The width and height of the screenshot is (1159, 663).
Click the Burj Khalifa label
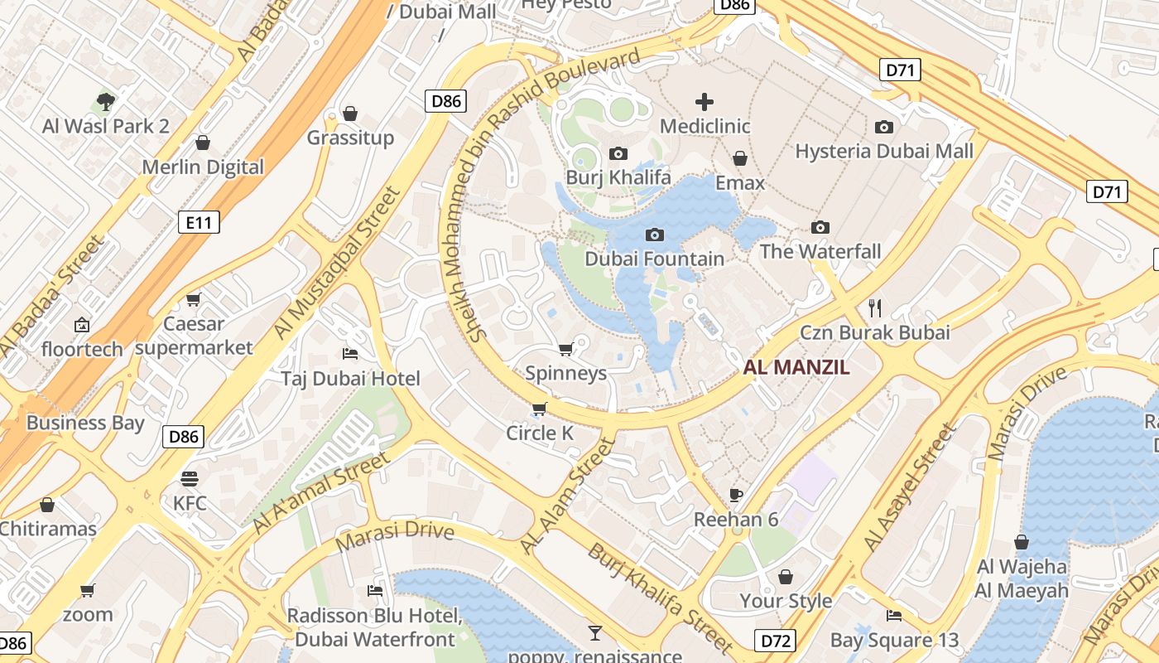click(618, 177)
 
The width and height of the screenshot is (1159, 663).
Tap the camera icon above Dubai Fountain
click(654, 235)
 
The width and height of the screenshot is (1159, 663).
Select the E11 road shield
click(199, 221)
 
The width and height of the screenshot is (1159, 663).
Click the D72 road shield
click(776, 640)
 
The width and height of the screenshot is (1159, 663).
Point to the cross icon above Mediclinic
click(705, 102)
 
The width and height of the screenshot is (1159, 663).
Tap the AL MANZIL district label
click(796, 368)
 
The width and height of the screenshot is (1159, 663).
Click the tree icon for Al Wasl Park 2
click(105, 102)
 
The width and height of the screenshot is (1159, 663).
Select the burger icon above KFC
click(190, 479)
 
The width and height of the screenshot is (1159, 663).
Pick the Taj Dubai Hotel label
click(350, 379)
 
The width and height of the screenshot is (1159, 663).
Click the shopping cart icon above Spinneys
click(566, 349)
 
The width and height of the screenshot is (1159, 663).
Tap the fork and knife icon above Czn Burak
click(875, 308)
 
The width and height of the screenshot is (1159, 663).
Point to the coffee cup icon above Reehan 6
click(736, 496)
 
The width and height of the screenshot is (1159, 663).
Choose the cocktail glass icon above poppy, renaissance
click(594, 634)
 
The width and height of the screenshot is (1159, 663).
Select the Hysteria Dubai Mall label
click(884, 151)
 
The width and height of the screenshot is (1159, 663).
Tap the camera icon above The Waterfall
click(820, 227)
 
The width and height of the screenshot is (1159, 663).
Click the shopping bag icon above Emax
click(740, 158)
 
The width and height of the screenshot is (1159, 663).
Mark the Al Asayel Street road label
click(909, 488)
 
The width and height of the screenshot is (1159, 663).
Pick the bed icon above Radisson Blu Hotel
click(375, 591)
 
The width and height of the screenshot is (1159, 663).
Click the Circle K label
click(540, 433)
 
